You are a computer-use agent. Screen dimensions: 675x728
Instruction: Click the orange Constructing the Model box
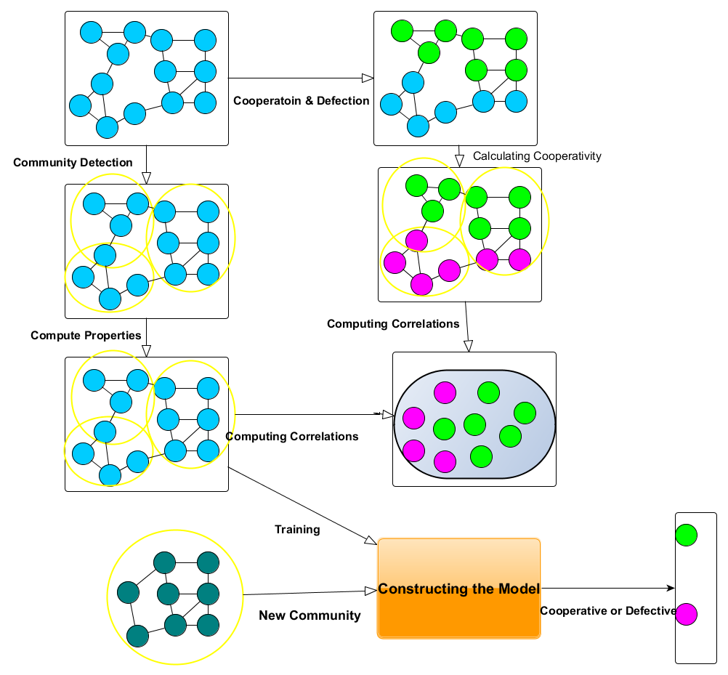tap(458, 589)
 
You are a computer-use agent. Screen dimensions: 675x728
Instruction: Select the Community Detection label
tap(73, 162)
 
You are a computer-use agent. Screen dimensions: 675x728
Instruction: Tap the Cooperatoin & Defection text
tap(302, 101)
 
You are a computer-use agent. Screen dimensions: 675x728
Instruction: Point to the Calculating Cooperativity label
tap(537, 155)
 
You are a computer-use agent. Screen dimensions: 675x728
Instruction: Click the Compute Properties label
tap(86, 336)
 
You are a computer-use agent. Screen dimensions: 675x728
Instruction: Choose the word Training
tap(297, 530)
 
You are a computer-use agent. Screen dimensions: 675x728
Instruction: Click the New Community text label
tap(310, 615)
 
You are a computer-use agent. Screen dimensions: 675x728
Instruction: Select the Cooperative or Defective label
tap(608, 610)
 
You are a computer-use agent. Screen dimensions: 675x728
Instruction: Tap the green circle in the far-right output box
tap(686, 535)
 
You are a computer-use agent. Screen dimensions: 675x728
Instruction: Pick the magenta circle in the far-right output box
tap(686, 615)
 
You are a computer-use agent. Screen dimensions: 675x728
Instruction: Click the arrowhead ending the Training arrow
tap(370, 541)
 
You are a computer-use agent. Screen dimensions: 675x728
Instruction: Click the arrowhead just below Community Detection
tap(146, 177)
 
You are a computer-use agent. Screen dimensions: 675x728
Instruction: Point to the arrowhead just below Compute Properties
tap(146, 350)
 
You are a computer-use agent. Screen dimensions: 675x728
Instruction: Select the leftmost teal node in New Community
tap(129, 594)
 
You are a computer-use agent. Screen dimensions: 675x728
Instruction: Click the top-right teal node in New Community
tap(209, 563)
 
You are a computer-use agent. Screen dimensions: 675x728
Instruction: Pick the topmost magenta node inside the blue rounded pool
tap(445, 392)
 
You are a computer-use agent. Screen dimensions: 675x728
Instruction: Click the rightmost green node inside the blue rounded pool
tap(525, 413)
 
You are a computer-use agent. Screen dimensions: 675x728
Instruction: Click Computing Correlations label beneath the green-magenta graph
tap(393, 323)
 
